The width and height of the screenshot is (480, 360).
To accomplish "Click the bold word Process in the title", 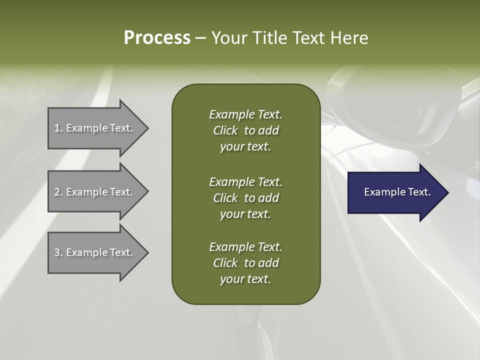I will click(x=157, y=38).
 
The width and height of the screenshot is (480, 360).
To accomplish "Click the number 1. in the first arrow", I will click(x=58, y=128).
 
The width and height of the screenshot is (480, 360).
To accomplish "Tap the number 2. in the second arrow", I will click(x=58, y=192).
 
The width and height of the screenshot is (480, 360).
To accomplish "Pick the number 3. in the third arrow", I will click(x=58, y=252).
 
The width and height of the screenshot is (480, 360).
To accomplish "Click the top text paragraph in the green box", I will click(x=245, y=130).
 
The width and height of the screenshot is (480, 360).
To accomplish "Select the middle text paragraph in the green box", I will click(x=245, y=198).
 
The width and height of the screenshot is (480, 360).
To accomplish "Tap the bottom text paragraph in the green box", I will click(x=245, y=263).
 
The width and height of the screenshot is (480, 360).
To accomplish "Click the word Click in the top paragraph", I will click(x=225, y=130).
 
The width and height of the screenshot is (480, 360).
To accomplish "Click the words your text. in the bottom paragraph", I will click(x=245, y=279).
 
